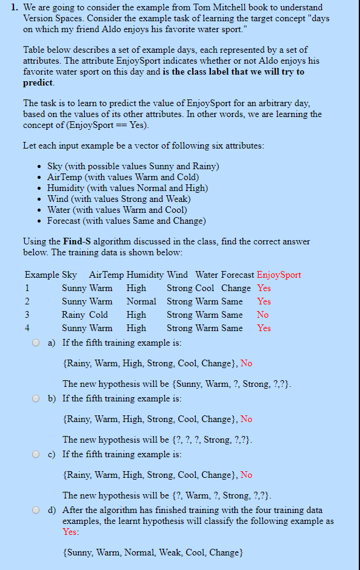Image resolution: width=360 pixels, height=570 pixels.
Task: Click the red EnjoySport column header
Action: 279,275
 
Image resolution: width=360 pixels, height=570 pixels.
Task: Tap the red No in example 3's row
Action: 262,315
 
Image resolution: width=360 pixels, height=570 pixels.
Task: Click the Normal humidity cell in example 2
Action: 141,301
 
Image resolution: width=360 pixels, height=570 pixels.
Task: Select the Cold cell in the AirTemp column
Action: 99,315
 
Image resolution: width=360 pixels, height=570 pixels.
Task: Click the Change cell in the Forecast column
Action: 236,288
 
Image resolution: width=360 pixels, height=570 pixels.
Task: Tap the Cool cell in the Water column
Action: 205,288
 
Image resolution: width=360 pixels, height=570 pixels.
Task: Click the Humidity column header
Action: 145,275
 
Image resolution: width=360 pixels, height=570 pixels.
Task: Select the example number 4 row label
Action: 27,328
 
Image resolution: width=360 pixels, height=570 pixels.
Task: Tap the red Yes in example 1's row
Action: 264,288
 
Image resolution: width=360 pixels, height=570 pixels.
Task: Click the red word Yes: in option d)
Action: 70,532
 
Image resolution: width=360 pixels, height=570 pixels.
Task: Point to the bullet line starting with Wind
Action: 119,199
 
